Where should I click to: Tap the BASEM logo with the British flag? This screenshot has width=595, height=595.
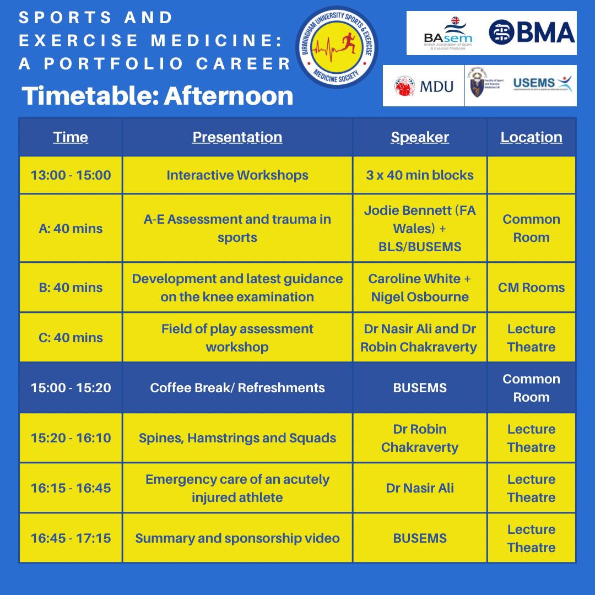coord(448,33)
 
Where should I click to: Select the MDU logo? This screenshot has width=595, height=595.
coord(424,86)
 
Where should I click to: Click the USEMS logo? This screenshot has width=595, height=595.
coord(542,84)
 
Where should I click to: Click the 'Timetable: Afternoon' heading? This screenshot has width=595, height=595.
coord(158,96)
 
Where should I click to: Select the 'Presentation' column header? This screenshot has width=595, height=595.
coord(237,137)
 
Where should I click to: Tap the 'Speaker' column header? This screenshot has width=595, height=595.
coord(420,137)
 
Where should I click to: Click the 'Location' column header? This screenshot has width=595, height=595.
coord(531,137)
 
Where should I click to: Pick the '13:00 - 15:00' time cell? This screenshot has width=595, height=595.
coord(71,175)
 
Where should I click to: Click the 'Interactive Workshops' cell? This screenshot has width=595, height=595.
coord(237,175)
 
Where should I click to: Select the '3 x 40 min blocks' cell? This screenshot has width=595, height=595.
coord(420,175)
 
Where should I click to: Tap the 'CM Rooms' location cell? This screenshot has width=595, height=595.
coord(531,288)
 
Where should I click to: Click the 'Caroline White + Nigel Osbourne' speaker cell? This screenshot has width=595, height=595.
coord(420,288)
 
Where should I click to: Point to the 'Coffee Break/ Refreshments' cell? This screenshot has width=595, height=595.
coord(237,388)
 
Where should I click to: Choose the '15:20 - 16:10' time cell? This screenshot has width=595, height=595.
coord(71,438)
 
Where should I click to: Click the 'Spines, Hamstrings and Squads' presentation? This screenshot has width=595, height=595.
coord(237,438)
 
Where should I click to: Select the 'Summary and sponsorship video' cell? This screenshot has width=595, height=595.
coord(237,538)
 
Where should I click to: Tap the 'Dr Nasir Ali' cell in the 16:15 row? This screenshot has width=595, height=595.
coord(420,488)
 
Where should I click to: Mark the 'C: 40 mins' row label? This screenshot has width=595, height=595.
coord(71,338)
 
